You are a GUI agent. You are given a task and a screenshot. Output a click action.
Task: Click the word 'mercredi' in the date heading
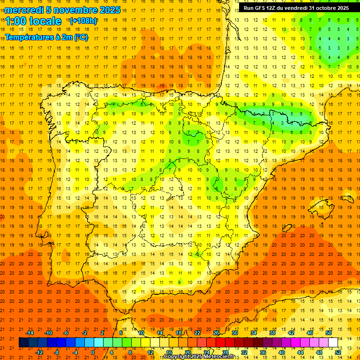tap(24, 10)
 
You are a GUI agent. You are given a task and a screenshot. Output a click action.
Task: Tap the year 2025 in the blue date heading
tap(107, 10)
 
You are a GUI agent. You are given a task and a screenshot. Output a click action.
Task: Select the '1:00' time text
tap(15, 21)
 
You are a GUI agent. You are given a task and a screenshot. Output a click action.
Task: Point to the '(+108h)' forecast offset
tap(83, 21)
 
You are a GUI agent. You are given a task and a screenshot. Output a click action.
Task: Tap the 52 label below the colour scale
tap(338, 352)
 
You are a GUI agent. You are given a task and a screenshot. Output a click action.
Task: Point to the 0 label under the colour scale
tap(93, 352)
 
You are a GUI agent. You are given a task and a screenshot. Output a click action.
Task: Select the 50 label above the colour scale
tap(329, 333)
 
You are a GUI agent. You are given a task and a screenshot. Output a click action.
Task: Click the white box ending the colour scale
tap(333, 343)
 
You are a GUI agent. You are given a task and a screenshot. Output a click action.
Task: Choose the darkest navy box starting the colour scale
tap(23, 343)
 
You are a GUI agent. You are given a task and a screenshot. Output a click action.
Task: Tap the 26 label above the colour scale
tap(216, 333)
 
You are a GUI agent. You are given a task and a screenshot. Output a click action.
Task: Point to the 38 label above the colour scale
tap(272, 333)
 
